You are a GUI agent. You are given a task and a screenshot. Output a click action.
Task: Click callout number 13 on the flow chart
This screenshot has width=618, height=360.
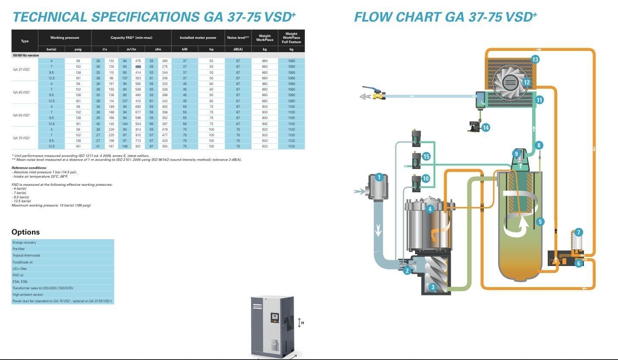tap(535, 59)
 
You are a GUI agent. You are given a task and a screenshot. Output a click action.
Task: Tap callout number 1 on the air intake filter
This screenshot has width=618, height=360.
tap(379, 177)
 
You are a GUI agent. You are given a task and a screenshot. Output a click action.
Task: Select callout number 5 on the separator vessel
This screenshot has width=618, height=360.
tap(540, 222)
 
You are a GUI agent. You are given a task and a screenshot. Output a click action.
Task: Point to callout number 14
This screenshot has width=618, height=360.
tap(486, 127)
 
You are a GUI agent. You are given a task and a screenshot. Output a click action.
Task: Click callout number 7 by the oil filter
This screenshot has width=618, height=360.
tap(579, 232)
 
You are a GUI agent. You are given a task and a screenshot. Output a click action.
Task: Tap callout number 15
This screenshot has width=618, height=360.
tap(427, 157)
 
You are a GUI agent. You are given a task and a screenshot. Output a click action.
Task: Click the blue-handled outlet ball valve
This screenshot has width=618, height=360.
tap(377, 94)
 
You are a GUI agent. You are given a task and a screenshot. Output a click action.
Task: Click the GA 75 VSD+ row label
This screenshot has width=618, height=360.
tap(22, 138)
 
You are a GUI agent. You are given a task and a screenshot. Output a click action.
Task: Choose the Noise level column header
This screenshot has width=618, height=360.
tap(238, 38)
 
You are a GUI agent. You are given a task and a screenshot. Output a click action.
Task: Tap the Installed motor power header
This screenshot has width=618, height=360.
tap(198, 38)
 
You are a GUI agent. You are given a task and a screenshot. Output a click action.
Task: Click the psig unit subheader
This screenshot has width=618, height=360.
tap(78, 49)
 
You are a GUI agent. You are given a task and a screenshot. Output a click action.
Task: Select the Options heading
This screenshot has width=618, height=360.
tap(26, 232)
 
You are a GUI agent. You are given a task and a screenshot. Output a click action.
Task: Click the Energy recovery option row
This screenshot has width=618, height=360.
tap(25, 242)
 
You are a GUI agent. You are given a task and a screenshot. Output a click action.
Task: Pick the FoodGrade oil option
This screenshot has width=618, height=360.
tap(23, 262)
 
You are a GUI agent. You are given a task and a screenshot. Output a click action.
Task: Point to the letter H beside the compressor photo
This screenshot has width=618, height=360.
tap(303, 323)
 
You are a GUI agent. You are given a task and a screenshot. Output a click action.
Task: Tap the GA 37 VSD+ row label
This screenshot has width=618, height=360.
tap(22, 69)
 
